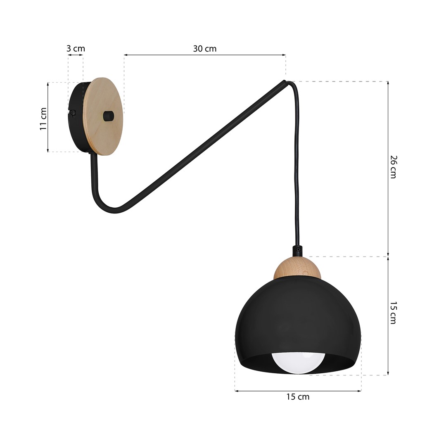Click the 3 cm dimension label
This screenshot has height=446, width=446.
(76, 49)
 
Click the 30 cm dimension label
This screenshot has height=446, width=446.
(205, 49)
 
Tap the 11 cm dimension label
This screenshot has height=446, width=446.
(43, 119)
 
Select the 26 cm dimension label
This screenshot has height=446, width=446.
(393, 167)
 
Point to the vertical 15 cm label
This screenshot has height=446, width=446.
(393, 313)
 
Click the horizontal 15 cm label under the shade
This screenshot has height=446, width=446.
(298, 397)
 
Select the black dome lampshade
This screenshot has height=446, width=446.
(298, 326)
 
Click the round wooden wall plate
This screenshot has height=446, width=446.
(103, 116)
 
